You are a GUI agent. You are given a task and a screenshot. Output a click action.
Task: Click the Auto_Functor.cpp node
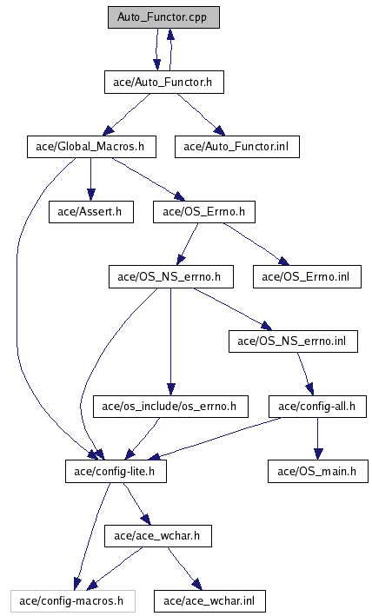(x=163, y=17)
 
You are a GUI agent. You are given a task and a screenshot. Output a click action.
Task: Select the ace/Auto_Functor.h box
(x=163, y=83)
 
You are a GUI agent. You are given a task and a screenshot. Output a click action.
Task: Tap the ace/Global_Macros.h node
(x=91, y=147)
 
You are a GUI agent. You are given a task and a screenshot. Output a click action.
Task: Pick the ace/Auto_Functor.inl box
(x=237, y=147)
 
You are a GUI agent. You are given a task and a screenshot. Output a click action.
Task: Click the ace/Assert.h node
(x=90, y=212)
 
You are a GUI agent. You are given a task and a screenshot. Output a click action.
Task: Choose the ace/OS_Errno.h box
(x=204, y=212)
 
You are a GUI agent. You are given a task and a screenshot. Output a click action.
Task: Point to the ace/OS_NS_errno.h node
(x=171, y=276)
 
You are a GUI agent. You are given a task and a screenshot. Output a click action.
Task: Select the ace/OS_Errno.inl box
(x=307, y=276)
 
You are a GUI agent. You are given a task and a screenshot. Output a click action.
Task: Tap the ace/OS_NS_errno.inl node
(x=293, y=341)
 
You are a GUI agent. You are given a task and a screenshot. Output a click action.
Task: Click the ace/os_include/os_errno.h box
(x=170, y=407)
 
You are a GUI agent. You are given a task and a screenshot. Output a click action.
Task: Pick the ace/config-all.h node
(x=317, y=407)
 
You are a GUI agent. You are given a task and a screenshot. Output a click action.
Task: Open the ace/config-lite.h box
(x=116, y=471)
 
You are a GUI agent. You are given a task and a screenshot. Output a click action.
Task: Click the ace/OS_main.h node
(x=318, y=471)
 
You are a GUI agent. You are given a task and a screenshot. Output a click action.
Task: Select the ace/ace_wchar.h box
(x=158, y=536)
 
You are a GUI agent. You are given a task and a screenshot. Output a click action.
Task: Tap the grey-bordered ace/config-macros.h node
(x=73, y=600)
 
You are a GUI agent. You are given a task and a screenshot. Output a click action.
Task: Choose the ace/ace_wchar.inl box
(x=209, y=600)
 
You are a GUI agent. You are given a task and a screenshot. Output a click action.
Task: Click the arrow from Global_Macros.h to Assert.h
(x=90, y=180)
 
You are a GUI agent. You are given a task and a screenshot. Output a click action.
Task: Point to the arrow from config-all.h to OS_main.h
(x=318, y=439)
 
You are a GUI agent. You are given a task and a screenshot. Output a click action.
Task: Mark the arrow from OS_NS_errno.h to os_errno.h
(x=170, y=341)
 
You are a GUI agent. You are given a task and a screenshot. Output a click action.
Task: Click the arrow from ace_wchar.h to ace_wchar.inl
(x=184, y=568)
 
